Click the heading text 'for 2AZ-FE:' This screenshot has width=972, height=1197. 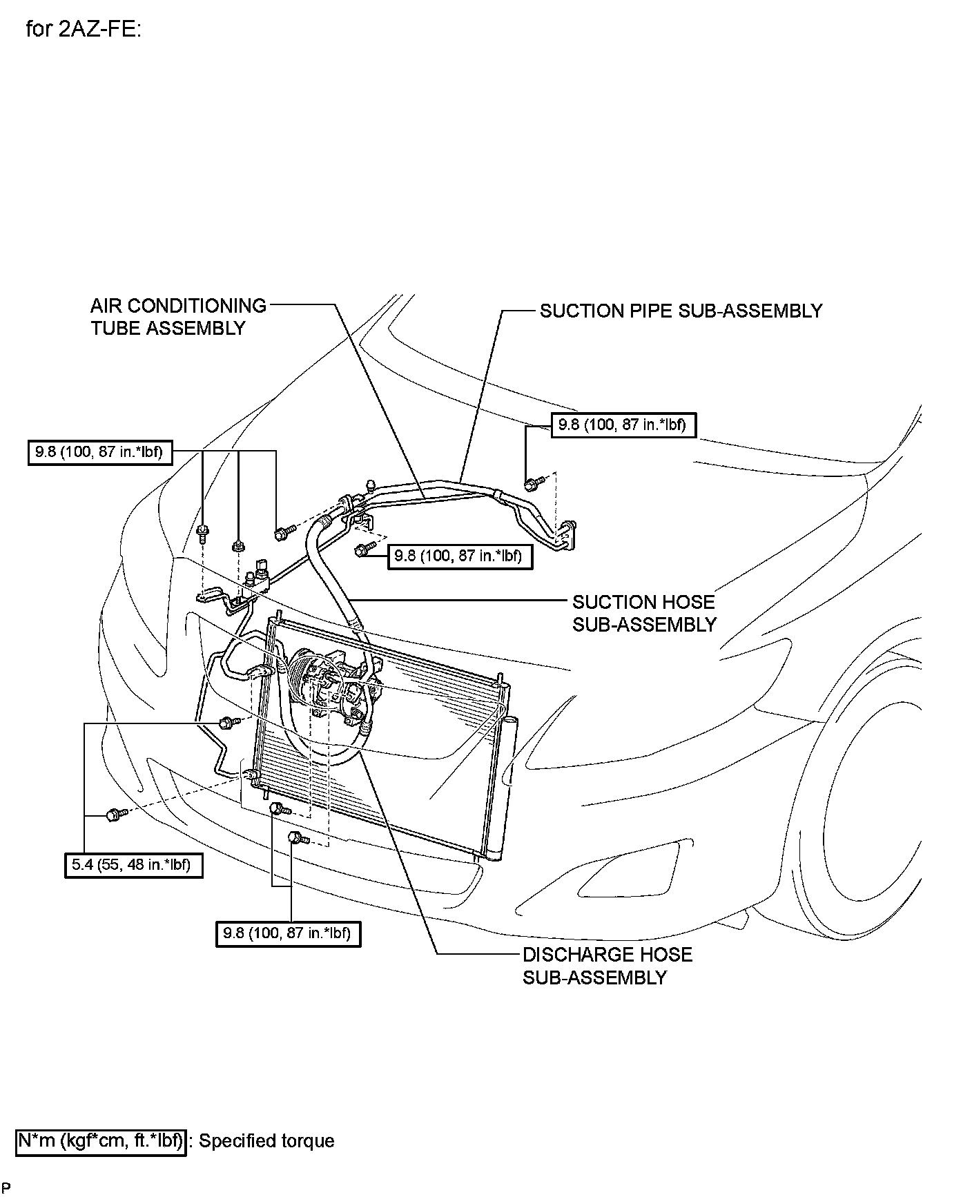pos(83,30)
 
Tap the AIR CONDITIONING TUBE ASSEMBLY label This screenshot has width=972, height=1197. pos(178,317)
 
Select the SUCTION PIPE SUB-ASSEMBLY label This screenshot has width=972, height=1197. pos(681,311)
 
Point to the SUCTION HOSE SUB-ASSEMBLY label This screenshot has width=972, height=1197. pos(644,613)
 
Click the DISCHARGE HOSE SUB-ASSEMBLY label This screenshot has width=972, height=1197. pos(607,966)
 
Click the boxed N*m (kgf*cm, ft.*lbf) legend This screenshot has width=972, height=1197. pos(101,1141)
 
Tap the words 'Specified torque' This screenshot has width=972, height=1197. pos(266,1141)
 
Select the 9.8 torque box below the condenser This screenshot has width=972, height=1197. pos(288,933)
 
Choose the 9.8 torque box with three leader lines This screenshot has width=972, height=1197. pos(100,452)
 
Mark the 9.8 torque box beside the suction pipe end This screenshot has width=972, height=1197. pos(623,425)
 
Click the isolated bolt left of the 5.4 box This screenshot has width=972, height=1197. pos(114,815)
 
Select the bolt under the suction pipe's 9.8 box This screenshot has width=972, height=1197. pos(533,484)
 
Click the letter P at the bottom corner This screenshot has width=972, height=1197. pos(6,1187)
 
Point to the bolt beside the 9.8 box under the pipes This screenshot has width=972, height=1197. pos(362,549)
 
